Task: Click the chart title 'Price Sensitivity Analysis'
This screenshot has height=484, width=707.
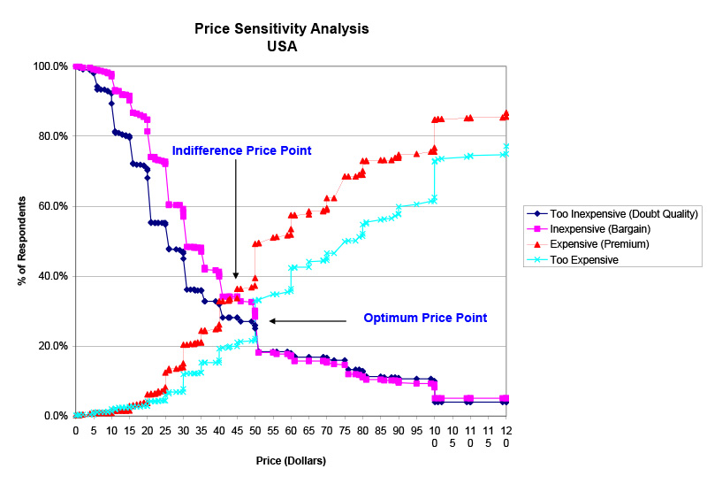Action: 282,29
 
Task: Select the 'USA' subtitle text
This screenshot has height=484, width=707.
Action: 282,47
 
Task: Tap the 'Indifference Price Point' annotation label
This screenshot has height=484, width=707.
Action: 241,150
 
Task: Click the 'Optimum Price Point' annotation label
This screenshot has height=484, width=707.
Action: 425,318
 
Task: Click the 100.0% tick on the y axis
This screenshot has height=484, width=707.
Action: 51,66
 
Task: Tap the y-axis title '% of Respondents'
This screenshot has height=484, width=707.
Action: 20,241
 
